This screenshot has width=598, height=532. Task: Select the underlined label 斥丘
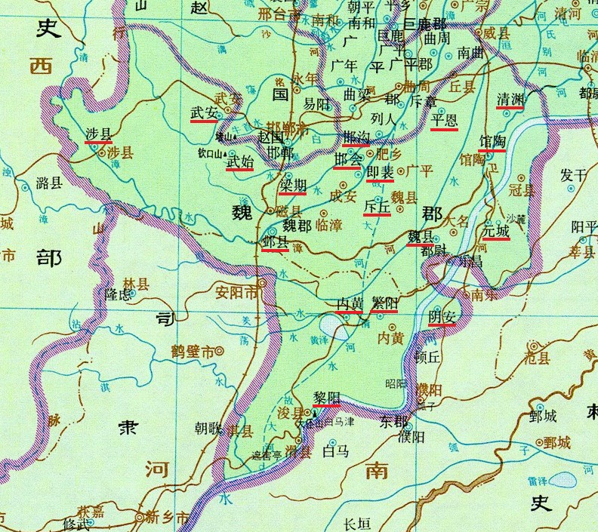point(377,205)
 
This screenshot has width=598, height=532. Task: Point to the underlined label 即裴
point(379,173)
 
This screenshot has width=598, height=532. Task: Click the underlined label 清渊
point(510,100)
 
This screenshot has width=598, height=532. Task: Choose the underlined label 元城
point(495,230)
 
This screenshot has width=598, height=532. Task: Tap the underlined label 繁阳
point(384,303)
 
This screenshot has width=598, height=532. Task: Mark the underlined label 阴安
point(442,316)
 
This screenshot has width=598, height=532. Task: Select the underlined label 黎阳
point(325,397)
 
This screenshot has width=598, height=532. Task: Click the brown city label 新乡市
point(160,517)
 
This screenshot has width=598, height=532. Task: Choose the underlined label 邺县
point(275,241)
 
